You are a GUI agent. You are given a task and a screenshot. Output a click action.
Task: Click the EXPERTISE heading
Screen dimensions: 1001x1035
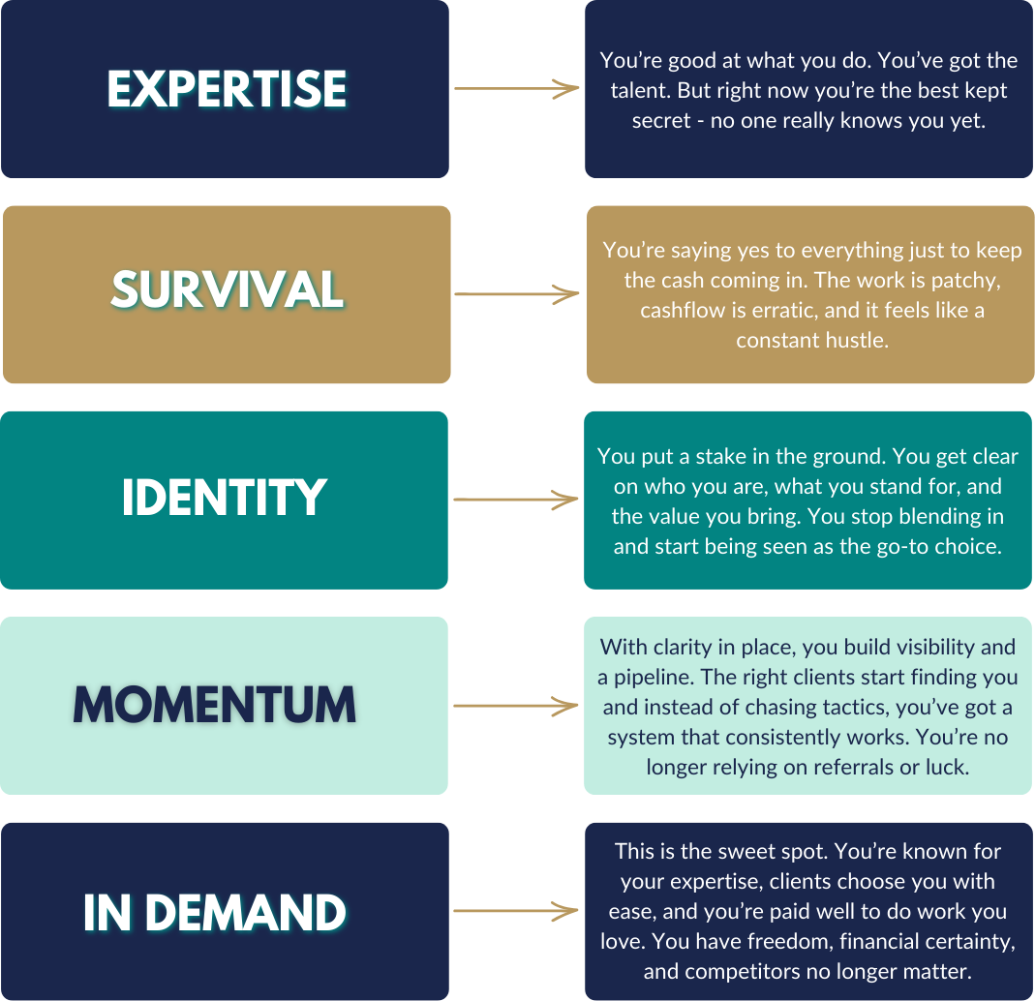point(226,89)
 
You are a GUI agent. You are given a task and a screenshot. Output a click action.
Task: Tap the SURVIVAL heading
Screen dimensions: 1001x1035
point(227,289)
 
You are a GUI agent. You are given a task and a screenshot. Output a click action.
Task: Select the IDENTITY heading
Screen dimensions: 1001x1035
point(224,498)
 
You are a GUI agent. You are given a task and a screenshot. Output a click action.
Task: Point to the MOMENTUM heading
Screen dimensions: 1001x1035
point(215,706)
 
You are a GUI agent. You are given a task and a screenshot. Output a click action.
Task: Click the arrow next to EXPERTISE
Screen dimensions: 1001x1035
point(516,89)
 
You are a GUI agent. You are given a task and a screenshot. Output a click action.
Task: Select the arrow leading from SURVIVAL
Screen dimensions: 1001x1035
point(516,294)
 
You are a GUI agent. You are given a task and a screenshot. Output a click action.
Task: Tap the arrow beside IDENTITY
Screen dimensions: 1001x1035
point(516,500)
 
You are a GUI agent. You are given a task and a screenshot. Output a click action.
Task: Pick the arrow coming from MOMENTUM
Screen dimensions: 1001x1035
point(516,706)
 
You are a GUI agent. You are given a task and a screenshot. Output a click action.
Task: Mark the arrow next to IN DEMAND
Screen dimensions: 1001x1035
point(516,912)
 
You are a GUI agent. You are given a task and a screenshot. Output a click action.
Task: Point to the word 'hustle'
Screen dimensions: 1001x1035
point(859,341)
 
